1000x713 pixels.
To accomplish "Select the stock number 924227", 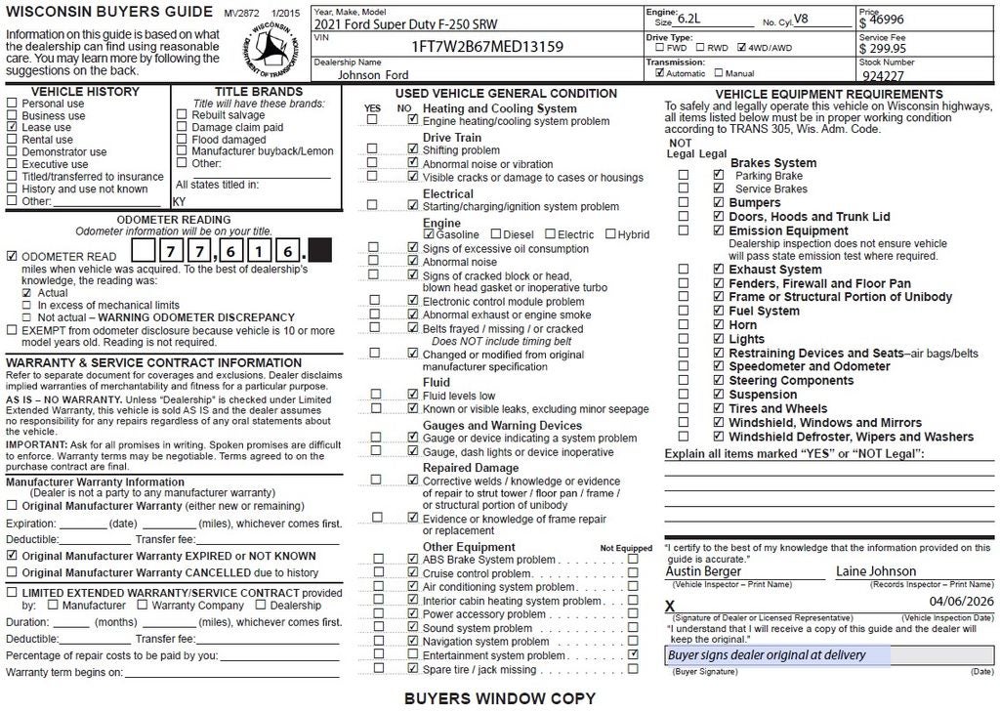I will pos(883,75).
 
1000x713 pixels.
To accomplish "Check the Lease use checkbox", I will pos(12,127).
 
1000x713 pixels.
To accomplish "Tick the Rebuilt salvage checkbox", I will pos(183,115).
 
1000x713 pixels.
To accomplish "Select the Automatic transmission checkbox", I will pos(660,73).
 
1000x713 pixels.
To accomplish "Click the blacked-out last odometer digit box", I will pos(319,251).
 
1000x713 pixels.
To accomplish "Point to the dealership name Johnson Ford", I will pos(373,74).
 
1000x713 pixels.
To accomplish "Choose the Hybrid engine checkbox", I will pos(610,234).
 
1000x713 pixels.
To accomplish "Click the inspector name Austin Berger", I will pos(703,571).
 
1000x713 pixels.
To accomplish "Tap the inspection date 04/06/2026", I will pos(961,602).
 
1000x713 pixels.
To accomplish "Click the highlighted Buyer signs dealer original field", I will pos(777,655).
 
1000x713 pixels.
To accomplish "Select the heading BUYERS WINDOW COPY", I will pos(499,698).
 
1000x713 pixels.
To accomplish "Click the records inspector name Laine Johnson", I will pos(875,571).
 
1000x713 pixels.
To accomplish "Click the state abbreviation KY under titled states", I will pos(179,201).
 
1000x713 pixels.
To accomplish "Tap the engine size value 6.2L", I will pos(691,19).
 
